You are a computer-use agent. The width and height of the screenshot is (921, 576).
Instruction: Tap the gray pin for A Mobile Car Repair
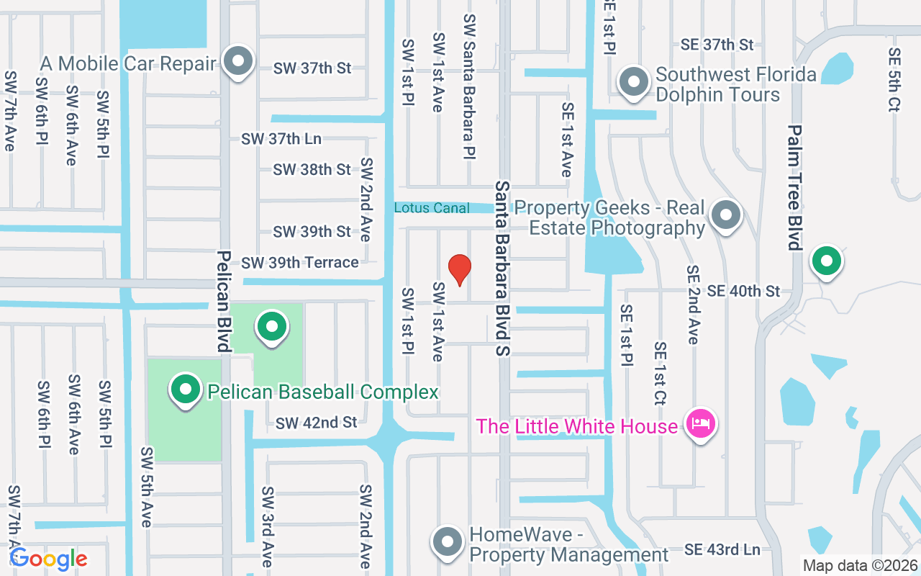[x=237, y=62]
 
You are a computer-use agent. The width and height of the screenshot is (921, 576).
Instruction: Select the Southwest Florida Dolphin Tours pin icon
[x=634, y=82]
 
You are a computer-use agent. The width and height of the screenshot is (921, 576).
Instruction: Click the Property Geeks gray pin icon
[x=726, y=215]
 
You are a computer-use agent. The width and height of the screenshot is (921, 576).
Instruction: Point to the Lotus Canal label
[x=432, y=208]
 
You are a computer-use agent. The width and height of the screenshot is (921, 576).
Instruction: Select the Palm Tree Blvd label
[x=794, y=188]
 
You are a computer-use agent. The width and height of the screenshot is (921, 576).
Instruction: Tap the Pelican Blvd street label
[x=224, y=302]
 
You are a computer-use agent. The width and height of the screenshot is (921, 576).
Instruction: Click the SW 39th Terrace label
[x=300, y=263]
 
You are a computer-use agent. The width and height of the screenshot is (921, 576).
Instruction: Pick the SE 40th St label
[x=743, y=291]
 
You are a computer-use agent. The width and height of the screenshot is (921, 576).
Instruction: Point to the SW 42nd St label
[x=316, y=423]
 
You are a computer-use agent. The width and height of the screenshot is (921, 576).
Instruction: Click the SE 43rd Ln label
[x=722, y=550]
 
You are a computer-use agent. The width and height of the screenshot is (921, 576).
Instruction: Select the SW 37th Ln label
[x=281, y=139]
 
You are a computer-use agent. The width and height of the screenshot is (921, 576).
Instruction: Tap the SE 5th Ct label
[x=894, y=79]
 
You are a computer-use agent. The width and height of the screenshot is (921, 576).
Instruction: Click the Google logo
[x=48, y=559]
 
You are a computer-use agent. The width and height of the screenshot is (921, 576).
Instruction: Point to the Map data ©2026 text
[x=859, y=566]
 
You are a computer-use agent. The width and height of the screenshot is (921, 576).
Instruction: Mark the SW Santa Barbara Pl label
[x=470, y=86]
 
